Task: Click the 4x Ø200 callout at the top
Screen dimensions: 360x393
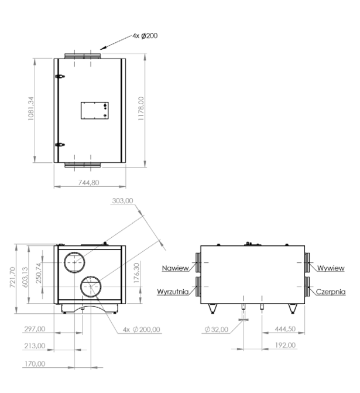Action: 145,36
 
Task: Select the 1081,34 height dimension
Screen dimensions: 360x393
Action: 30,108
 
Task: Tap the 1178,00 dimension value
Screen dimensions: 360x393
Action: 141,108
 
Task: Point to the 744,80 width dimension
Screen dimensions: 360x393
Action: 89,183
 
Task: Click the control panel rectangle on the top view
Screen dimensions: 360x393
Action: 94,111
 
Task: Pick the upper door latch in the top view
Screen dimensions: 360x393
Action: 60,76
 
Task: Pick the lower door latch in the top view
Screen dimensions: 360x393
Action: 60,145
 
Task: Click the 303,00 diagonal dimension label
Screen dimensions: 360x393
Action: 122,201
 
